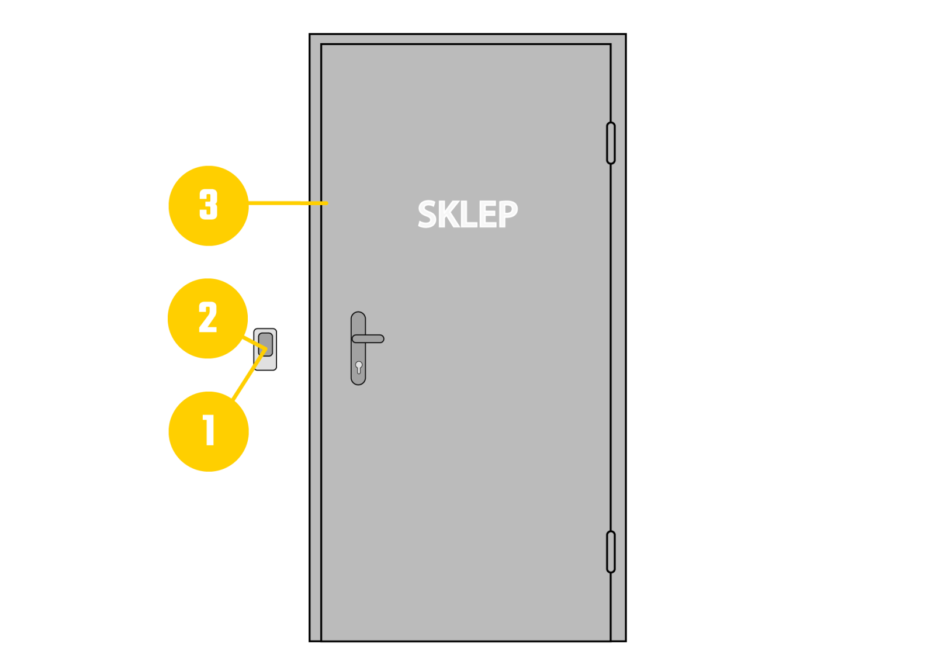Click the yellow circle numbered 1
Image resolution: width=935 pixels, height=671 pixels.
coord(208,431)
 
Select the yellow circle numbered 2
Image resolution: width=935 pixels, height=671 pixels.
coord(207,319)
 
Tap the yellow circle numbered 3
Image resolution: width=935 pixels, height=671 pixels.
coord(208,206)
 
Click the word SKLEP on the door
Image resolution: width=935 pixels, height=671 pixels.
coord(467,215)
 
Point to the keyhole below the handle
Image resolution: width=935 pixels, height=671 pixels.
coord(359,367)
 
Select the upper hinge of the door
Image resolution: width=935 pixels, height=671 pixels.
coord(611,143)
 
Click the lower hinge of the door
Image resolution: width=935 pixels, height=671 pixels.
coord(611,552)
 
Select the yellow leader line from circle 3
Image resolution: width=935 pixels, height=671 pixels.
coord(286,203)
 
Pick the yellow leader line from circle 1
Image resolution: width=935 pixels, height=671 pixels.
coord(248,374)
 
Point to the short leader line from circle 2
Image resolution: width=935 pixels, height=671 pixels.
coord(251,342)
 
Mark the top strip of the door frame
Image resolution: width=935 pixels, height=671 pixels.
coord(467,39)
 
